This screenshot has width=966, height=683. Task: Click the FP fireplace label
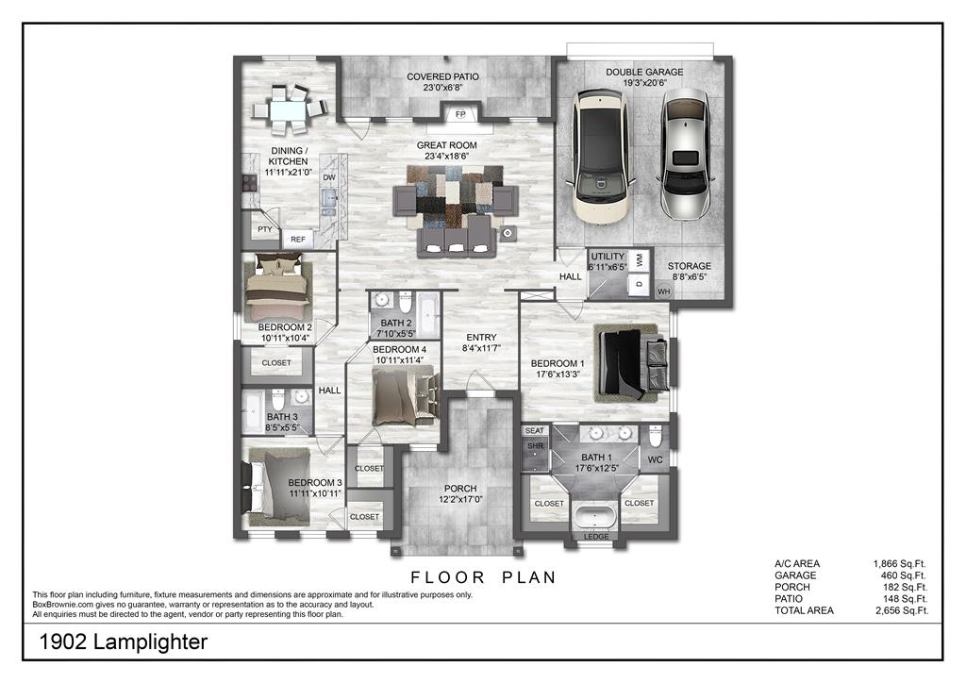point(460,114)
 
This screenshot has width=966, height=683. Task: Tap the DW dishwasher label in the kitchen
point(329,177)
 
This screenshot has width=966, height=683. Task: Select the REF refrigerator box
point(297,239)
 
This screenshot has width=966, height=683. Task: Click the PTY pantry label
point(265,229)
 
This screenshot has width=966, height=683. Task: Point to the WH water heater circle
point(663,292)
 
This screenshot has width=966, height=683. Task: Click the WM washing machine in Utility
point(640,259)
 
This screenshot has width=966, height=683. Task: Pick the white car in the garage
point(601,156)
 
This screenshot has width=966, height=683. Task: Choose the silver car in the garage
point(685,154)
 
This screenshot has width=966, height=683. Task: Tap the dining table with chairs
point(289,109)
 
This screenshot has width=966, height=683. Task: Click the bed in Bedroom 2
point(277,288)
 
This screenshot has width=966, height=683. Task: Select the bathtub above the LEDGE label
point(594,515)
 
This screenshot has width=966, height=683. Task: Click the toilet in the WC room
point(655,438)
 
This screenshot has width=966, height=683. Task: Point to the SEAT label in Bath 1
point(535,430)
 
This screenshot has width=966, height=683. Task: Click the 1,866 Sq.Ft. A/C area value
point(899,563)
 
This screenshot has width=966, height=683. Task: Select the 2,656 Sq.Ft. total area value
point(902,610)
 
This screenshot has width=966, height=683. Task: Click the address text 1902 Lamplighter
point(124,641)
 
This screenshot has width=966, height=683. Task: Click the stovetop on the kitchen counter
point(249,182)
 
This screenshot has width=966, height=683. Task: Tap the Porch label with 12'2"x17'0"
point(460,494)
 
